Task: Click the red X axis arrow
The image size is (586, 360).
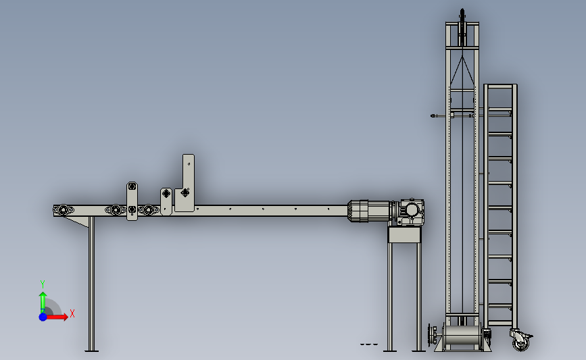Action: click(x=56, y=317)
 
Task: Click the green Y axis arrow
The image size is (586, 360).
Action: click(x=43, y=303)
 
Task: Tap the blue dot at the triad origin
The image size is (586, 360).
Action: click(x=43, y=317)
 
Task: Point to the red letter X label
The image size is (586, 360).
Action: click(x=72, y=313)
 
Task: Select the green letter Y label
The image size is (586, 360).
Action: click(x=42, y=284)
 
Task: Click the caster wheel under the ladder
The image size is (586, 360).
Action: click(x=520, y=340)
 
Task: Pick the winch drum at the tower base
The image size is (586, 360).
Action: click(x=462, y=335)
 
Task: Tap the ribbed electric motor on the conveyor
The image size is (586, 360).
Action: click(x=370, y=211)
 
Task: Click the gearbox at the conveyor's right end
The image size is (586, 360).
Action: click(x=410, y=211)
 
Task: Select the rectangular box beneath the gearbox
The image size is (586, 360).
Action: click(x=404, y=235)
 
